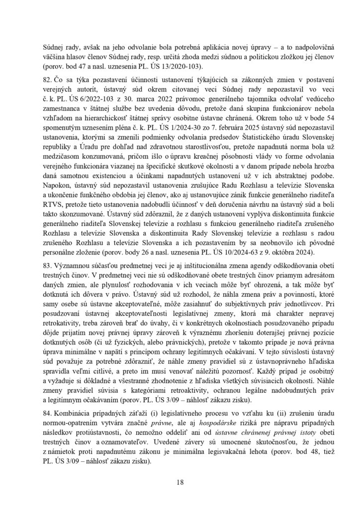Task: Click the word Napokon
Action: tap(59, 170)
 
